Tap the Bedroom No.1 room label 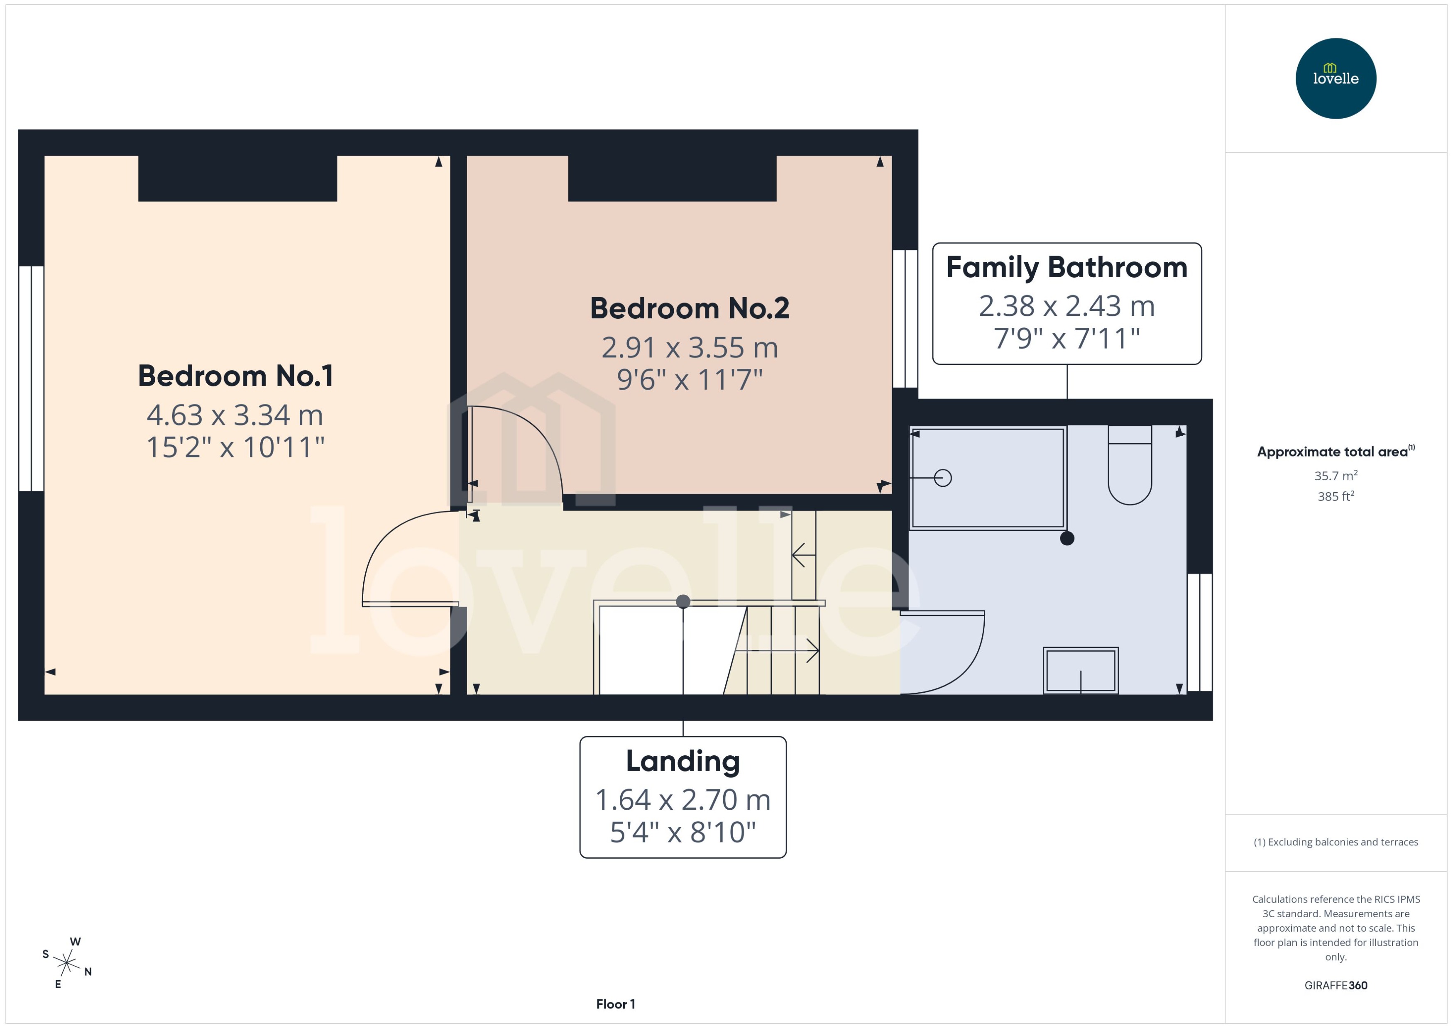point(235,376)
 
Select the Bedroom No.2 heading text point(690,308)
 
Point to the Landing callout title point(682,761)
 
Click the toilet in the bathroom point(1130,469)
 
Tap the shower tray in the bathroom point(987,478)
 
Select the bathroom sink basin point(1080,670)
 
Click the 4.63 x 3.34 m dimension point(235,415)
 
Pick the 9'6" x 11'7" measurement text point(690,380)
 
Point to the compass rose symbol point(66,963)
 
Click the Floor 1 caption point(615,1004)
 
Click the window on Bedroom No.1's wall point(31,378)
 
